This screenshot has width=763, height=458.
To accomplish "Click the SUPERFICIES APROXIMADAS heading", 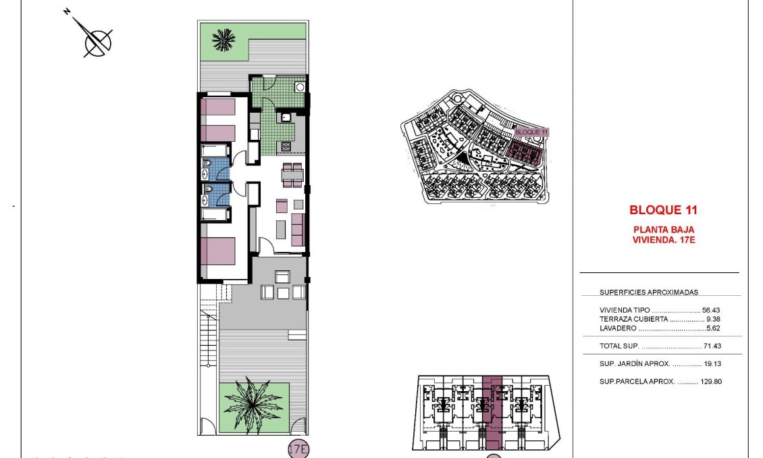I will pyautogui.click(x=648, y=292).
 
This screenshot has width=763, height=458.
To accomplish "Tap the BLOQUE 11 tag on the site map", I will pyautogui.click(x=532, y=132).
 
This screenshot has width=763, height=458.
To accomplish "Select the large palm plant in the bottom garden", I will pyautogui.click(x=253, y=405).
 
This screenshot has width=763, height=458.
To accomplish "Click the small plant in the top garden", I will pyautogui.click(x=222, y=40).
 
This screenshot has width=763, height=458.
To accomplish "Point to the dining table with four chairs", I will pyautogui.click(x=292, y=174).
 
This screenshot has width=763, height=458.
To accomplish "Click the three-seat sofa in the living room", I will pyautogui.click(x=298, y=230).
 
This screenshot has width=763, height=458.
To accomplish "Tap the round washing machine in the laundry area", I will pyautogui.click(x=300, y=87).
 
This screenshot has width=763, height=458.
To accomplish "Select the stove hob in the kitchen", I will pyautogui.click(x=285, y=146).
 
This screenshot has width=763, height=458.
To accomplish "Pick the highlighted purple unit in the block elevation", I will pyautogui.click(x=493, y=412).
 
